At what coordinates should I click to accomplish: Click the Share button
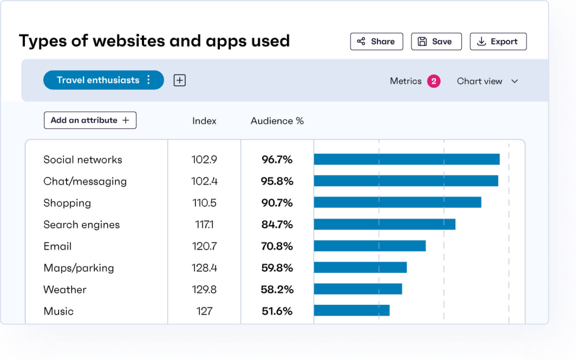tap(376, 41)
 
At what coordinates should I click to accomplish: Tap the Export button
tap(498, 41)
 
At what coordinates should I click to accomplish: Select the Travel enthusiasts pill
tap(98, 80)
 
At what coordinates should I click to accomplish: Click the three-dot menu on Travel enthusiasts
tap(149, 80)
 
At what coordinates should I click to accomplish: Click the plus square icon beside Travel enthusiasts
tap(180, 80)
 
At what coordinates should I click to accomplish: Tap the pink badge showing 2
tap(434, 81)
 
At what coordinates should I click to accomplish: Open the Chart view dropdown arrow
tap(515, 81)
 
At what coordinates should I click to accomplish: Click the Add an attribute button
tap(90, 120)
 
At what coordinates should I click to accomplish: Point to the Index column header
tap(204, 121)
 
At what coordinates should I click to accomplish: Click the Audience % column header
tap(277, 121)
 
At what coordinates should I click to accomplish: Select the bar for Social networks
tap(406, 159)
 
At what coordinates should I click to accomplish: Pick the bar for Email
tap(370, 246)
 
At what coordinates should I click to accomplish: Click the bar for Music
tap(352, 310)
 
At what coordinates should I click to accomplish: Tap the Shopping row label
tap(67, 203)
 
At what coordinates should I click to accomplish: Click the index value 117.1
tap(204, 225)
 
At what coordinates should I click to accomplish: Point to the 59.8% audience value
tap(277, 268)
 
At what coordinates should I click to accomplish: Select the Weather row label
tap(65, 290)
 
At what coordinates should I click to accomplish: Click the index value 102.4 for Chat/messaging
tap(204, 181)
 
